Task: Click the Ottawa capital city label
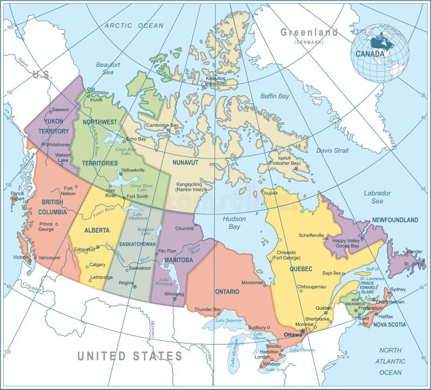click(293, 334)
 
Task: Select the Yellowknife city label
click(133, 170)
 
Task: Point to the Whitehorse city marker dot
click(43, 144)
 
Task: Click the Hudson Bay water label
click(234, 223)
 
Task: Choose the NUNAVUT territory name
click(186, 162)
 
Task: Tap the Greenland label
click(309, 32)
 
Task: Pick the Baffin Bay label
click(275, 97)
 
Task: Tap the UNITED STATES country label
click(129, 356)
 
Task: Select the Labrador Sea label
click(377, 197)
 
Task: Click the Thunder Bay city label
click(208, 309)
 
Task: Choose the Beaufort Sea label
click(108, 68)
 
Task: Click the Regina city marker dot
click(135, 286)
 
